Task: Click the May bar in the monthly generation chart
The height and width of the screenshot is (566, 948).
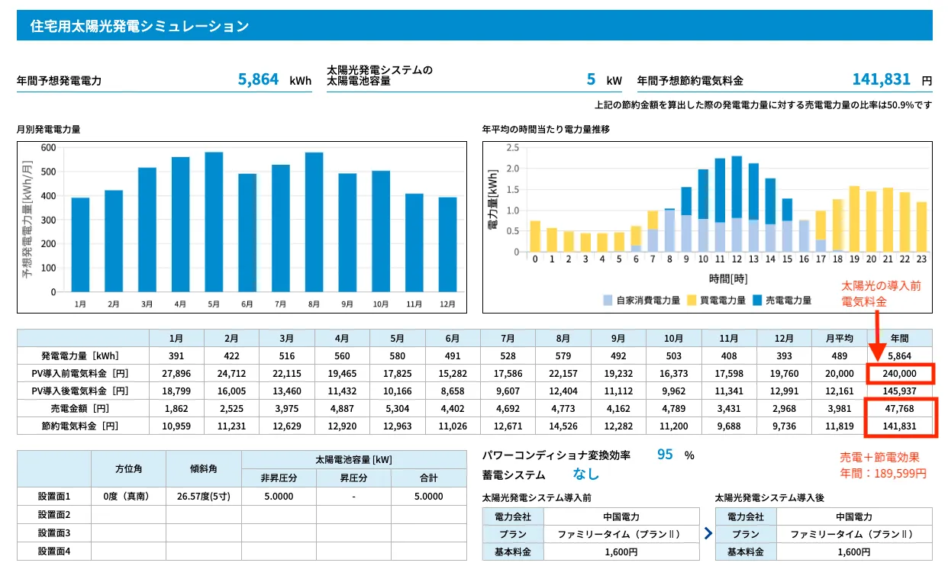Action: click(x=214, y=222)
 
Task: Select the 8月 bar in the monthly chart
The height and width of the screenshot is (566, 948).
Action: click(x=314, y=222)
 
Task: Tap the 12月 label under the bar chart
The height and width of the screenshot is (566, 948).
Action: click(x=447, y=304)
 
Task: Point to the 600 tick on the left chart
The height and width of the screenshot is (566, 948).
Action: click(x=48, y=148)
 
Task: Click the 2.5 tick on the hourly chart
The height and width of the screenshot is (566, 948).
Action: click(x=512, y=148)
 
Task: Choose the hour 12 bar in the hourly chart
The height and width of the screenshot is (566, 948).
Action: click(x=737, y=204)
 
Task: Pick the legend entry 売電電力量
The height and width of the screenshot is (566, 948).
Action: click(x=782, y=301)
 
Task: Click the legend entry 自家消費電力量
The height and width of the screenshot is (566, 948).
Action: click(x=642, y=301)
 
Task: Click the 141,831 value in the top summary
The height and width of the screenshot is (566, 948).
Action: click(x=881, y=79)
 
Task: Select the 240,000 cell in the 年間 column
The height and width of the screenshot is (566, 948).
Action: click(x=899, y=374)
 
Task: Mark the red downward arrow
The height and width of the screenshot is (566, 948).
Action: click(x=877, y=336)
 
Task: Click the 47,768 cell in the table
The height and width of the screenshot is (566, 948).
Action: click(x=899, y=409)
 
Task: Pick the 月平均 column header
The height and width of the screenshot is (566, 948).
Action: click(x=840, y=339)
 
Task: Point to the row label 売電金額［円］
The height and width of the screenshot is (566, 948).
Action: click(x=80, y=409)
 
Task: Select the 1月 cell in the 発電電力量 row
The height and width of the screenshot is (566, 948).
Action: click(x=176, y=356)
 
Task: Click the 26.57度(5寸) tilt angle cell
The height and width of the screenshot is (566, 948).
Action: click(x=204, y=496)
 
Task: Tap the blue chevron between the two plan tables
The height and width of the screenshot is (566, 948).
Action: click(x=708, y=533)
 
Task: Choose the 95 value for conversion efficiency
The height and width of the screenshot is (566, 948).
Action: click(x=665, y=455)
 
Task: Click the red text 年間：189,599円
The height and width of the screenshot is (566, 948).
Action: click(x=883, y=474)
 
